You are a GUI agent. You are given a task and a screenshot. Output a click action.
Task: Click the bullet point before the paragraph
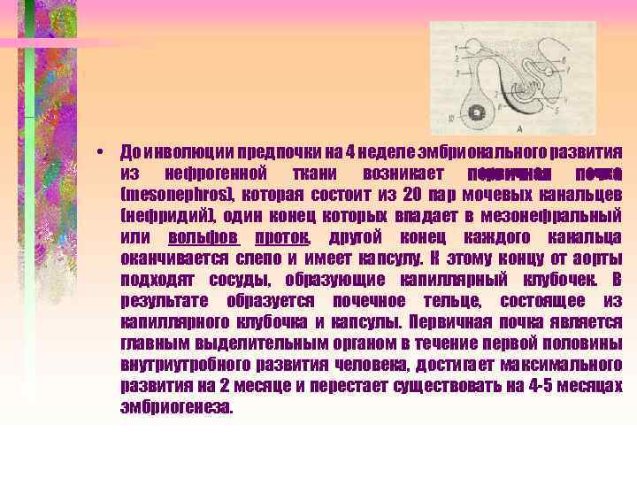pyautogui.click(x=104, y=150)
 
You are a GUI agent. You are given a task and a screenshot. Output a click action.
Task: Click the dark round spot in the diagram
pyautogui.click(x=476, y=112)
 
